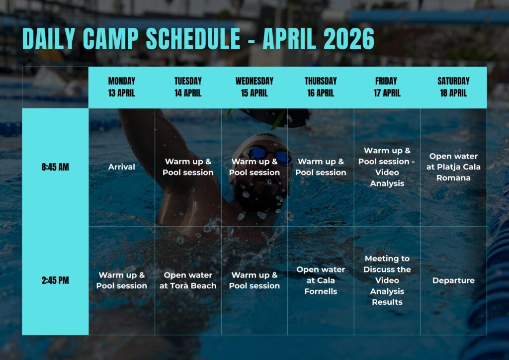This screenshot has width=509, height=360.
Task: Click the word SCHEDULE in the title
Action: point(193,39)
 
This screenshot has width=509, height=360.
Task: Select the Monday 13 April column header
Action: point(121,87)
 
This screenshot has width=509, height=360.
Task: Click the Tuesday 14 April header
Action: point(188,87)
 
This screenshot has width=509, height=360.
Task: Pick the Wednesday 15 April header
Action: point(254,87)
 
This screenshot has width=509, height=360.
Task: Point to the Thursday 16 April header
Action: point(321,87)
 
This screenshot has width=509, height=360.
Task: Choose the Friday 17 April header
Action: point(387,87)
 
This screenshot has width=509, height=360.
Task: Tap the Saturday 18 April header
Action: point(453,87)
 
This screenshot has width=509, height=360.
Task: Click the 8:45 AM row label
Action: point(55,167)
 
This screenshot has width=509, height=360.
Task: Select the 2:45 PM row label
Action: point(55,280)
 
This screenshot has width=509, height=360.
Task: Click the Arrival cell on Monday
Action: point(121,167)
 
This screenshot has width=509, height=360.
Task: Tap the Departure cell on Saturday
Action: point(453,280)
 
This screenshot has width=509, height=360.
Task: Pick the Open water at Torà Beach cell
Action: point(188,280)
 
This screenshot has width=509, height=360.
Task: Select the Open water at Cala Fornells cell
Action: point(321,280)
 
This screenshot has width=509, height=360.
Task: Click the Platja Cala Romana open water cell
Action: point(453,167)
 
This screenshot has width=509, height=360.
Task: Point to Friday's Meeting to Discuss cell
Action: point(387,280)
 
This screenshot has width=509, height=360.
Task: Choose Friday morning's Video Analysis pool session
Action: point(387,167)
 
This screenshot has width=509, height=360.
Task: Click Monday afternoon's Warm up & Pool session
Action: point(121,280)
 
